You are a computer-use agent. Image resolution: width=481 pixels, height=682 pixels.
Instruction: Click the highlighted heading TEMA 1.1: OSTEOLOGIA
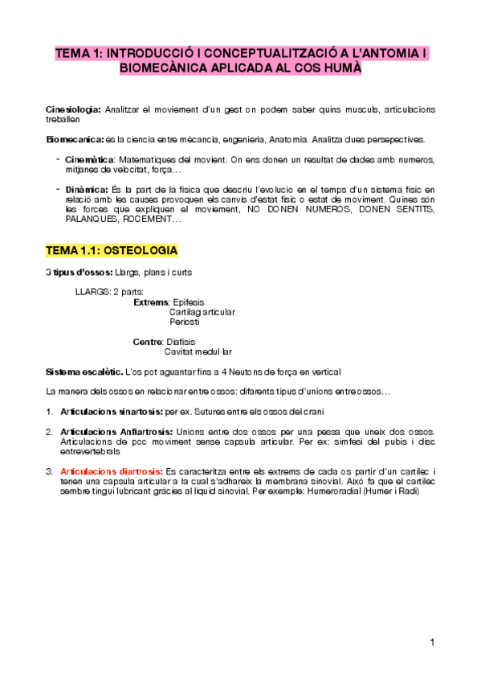pos(112,250)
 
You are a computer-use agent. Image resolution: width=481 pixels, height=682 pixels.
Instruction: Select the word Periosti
pos(185,321)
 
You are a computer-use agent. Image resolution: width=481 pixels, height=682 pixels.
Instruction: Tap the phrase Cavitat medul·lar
pos(198,351)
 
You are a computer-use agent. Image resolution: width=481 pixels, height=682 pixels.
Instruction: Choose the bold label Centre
pos(147,341)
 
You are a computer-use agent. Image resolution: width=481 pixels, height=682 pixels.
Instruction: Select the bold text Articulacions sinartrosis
pos(112,412)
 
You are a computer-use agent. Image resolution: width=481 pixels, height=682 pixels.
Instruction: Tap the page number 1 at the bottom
pos(431,641)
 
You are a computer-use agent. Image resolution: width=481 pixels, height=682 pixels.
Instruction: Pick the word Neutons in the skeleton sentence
pos(254,372)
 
